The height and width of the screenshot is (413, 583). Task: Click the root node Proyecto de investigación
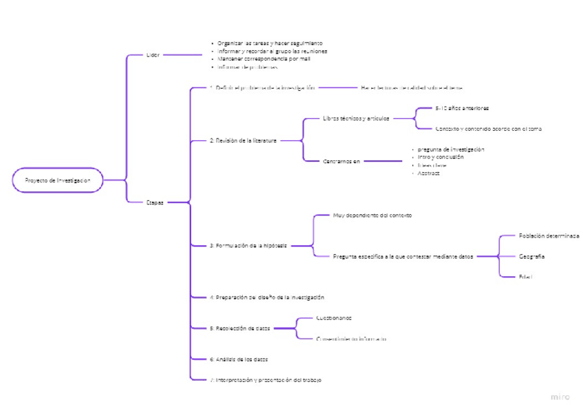point(58,180)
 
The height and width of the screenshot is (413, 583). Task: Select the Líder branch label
point(153,55)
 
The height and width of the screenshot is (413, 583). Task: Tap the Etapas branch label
point(155,202)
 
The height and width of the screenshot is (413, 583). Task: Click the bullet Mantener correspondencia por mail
point(263,59)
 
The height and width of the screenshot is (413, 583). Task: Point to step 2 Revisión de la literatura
point(243,140)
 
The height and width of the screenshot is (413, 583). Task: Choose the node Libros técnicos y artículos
point(355,118)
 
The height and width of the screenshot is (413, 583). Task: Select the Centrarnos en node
point(341,161)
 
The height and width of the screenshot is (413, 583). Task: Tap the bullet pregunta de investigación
point(450,149)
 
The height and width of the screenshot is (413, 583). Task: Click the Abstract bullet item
point(428,173)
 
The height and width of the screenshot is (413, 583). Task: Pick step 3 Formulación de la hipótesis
point(248,245)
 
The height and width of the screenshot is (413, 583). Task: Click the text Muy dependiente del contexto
point(372,215)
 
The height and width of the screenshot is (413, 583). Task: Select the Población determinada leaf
point(549,235)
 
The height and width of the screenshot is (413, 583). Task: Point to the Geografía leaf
point(532,256)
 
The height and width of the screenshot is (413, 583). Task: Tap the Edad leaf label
point(526,277)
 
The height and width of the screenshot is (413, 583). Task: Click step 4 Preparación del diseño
point(267,297)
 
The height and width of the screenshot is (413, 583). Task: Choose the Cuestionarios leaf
point(333,318)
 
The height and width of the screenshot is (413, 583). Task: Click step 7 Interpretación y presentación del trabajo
point(265,380)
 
